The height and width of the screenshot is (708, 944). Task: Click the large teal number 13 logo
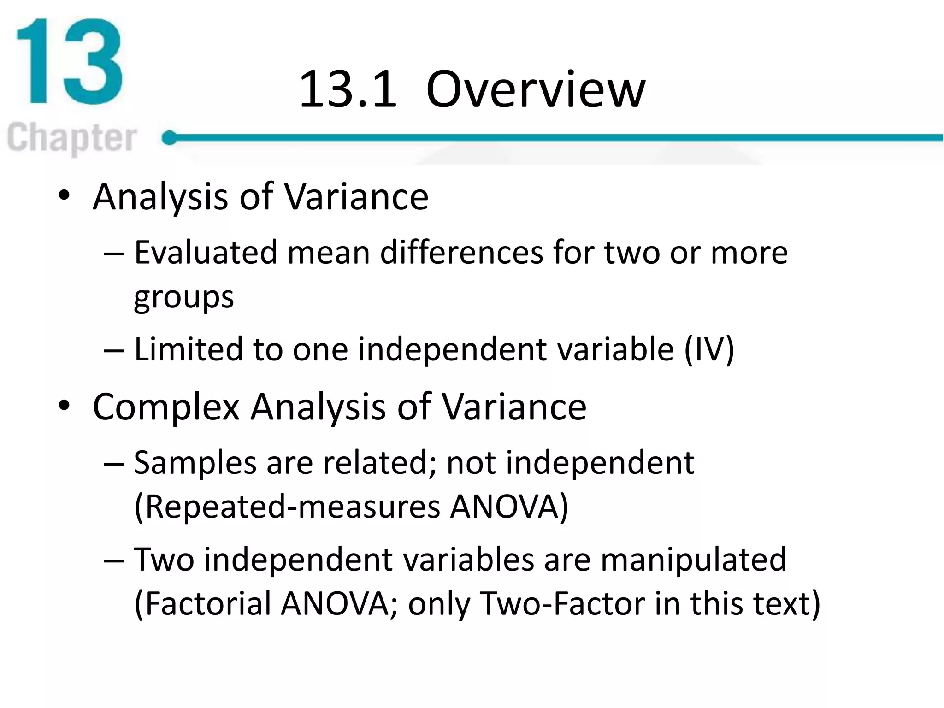coord(69,61)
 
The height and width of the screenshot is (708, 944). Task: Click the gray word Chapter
coord(72,138)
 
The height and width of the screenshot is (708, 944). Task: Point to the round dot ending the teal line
coord(170,137)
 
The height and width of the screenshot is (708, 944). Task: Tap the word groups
coord(183,297)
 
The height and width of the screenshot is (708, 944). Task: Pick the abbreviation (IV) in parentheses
coord(709,350)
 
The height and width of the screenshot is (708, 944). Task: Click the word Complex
coord(166,407)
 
